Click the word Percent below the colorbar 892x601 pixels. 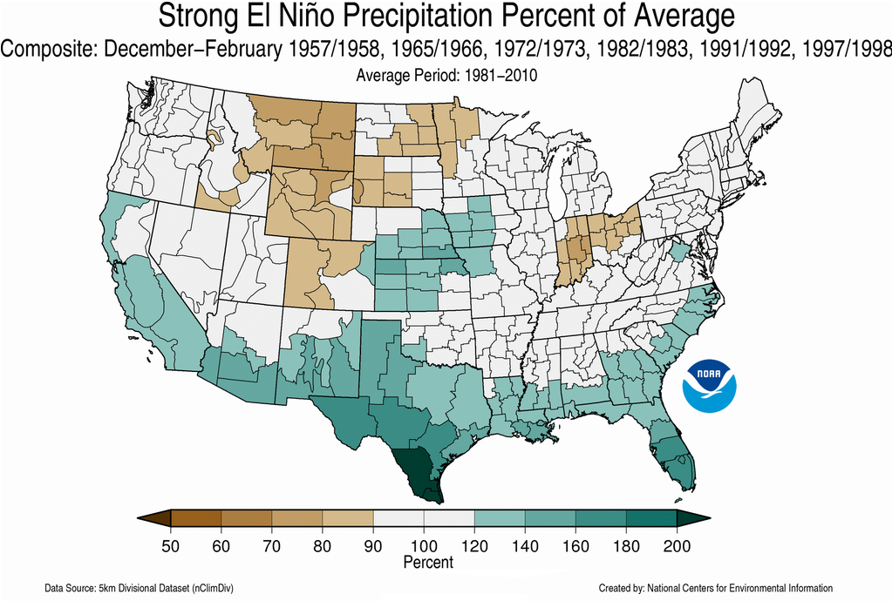pos(428,563)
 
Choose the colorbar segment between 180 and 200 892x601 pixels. pos(651,521)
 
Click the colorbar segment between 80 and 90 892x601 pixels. pos(347,521)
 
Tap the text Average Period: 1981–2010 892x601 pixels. pos(446,76)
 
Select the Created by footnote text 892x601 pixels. pos(715,588)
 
